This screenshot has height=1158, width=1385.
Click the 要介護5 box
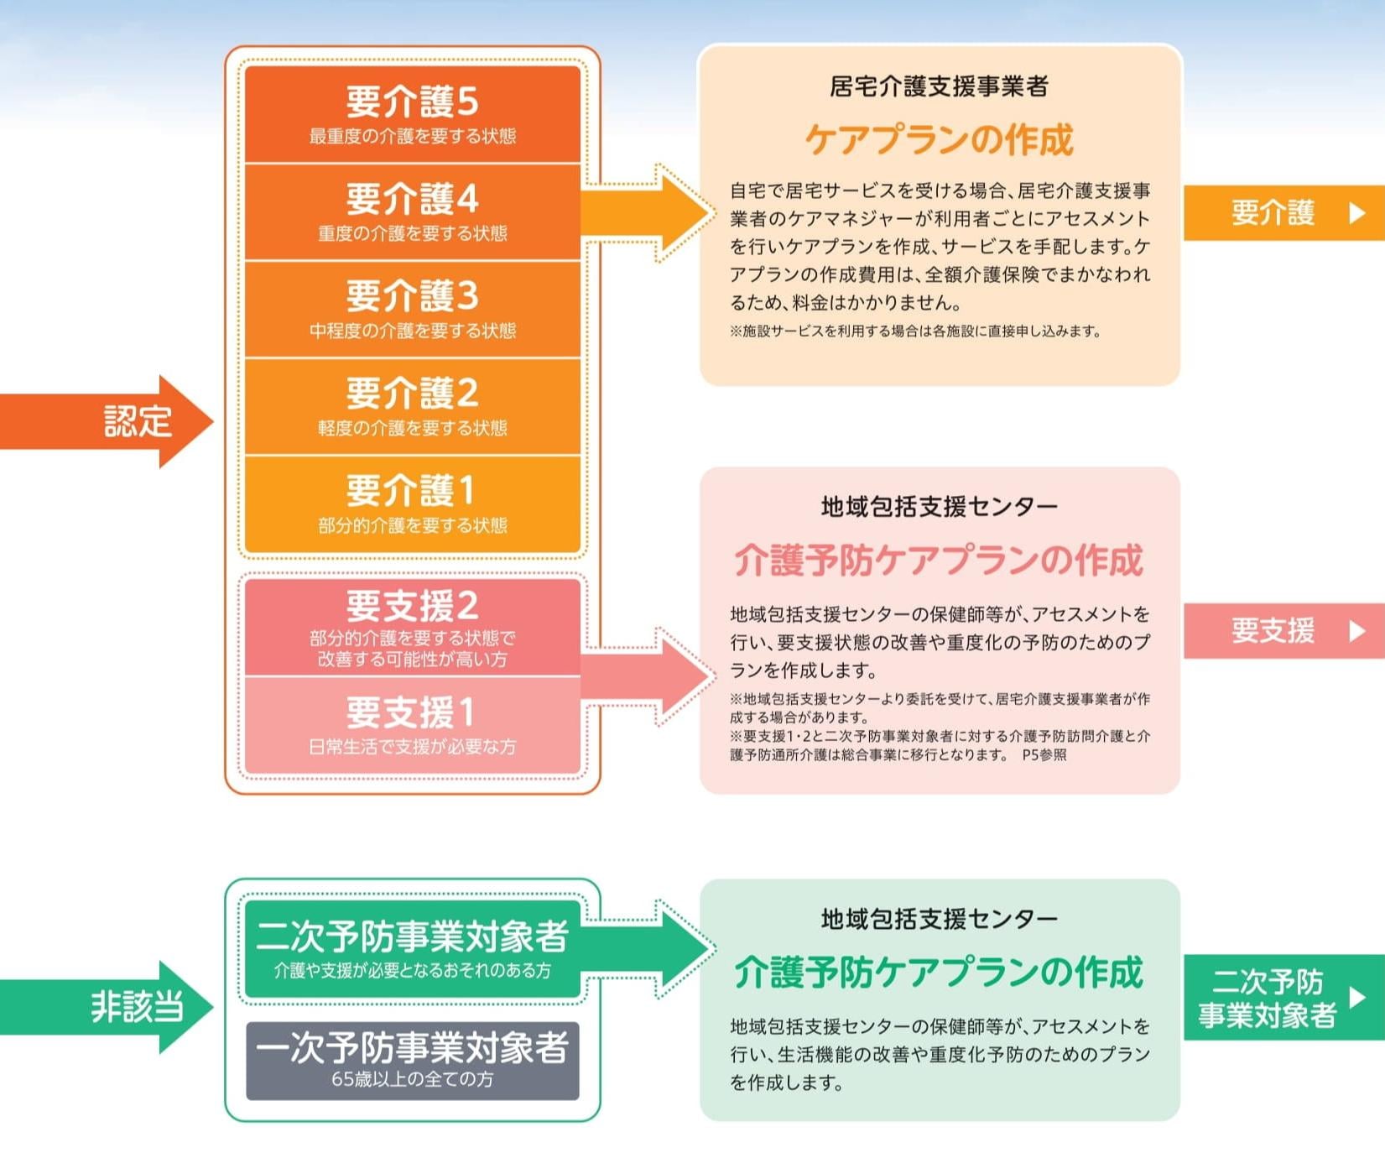click(x=413, y=114)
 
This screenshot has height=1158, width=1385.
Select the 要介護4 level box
click(x=413, y=211)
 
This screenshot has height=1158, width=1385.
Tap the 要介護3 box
click(x=413, y=309)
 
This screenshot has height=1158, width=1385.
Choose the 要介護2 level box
click(x=413, y=406)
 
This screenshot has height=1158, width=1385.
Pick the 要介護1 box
click(x=413, y=504)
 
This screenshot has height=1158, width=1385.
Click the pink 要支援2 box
click(x=413, y=627)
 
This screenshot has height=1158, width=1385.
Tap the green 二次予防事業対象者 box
click(x=413, y=949)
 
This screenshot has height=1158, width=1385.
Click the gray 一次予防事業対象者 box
click(x=413, y=1061)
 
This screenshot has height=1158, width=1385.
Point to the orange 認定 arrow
click(x=107, y=421)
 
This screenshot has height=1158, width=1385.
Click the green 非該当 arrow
click(x=107, y=1006)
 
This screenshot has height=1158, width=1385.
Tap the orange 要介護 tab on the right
click(x=1284, y=213)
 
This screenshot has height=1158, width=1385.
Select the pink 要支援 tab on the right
click(x=1284, y=630)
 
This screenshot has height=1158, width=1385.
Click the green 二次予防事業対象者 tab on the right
click(x=1284, y=997)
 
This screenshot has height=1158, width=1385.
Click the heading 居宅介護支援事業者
click(x=939, y=86)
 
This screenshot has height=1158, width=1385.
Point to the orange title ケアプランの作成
click(x=939, y=139)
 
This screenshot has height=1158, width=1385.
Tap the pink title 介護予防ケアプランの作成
click(x=939, y=560)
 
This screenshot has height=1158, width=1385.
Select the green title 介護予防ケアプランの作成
click(x=939, y=972)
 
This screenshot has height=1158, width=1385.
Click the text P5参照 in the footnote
click(x=1044, y=754)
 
